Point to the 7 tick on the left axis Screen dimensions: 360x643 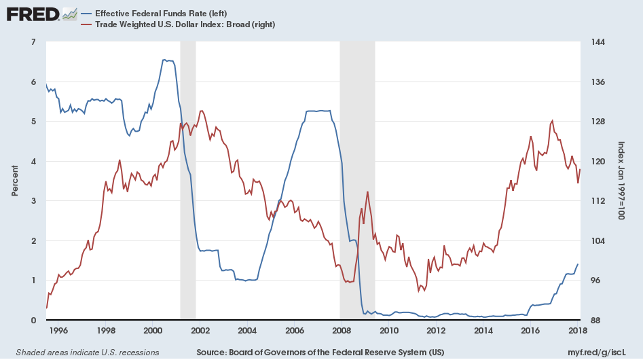click(x=33, y=42)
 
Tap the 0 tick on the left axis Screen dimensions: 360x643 click(x=33, y=320)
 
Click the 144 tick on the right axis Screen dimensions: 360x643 click(x=598, y=42)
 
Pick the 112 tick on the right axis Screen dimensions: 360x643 click(x=598, y=201)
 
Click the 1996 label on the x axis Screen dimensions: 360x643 click(x=58, y=331)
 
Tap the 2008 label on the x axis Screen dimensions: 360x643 click(x=342, y=331)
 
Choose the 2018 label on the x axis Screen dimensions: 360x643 click(x=577, y=331)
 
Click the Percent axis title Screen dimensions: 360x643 click(x=15, y=181)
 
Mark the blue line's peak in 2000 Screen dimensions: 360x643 click(x=166, y=60)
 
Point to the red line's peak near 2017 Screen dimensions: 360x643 click(x=552, y=120)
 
